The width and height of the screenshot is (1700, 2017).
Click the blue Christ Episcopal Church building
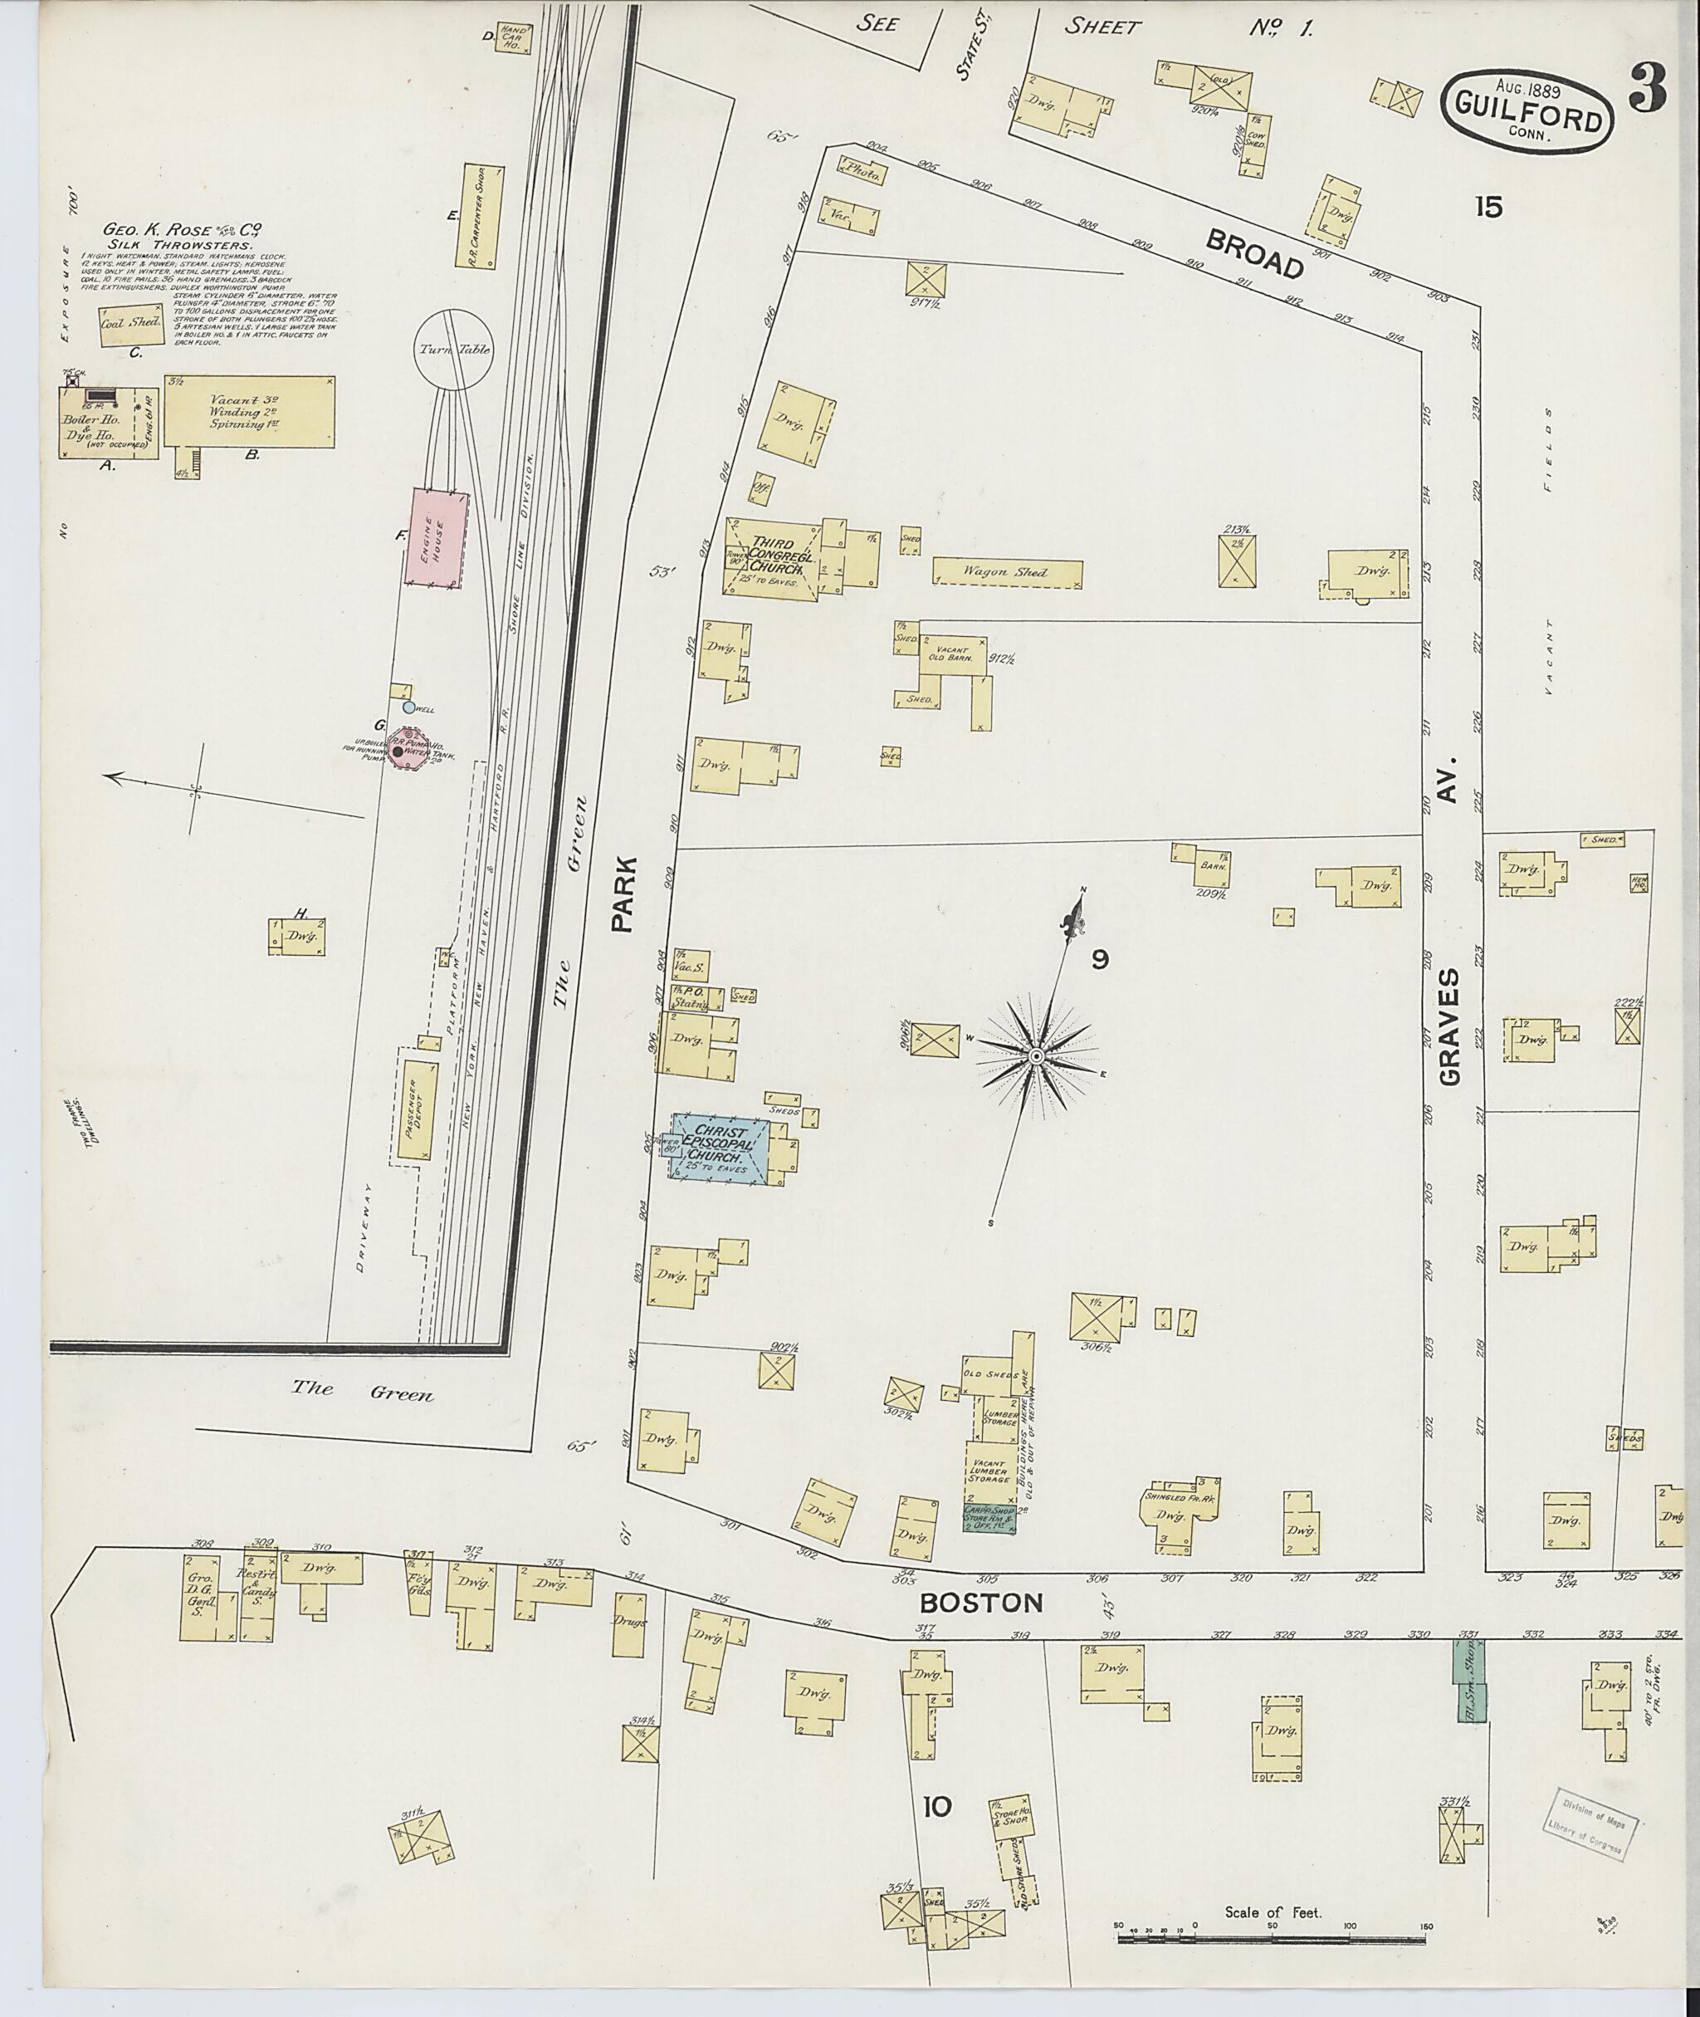click(719, 1144)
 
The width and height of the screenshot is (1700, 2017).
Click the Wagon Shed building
click(1007, 573)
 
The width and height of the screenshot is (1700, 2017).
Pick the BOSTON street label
click(981, 1603)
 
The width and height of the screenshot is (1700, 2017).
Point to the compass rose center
click(1036, 1058)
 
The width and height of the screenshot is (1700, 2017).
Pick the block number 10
click(935, 1807)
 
